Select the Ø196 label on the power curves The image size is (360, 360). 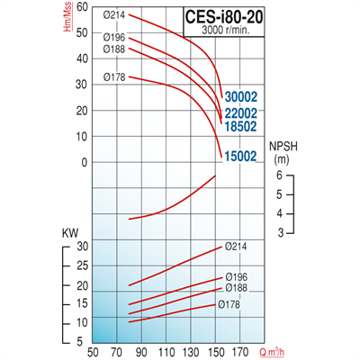pos(235,276)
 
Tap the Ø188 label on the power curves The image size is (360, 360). pos(235,289)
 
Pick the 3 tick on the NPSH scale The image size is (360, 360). pos(279,233)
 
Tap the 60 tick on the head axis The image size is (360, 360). pos(83,7)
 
